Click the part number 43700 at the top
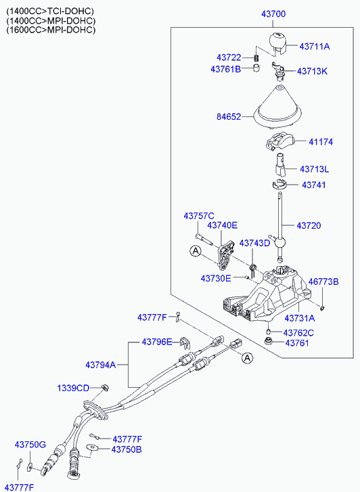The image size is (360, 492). point(273,14)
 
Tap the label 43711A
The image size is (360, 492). point(315,47)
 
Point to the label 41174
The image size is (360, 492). point(321,142)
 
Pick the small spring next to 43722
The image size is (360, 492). point(256,58)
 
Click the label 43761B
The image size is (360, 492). point(225,69)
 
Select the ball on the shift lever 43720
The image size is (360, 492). point(280,242)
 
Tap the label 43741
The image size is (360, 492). point(314,185)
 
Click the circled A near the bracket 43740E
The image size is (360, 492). point(196,251)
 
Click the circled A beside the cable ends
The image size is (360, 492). point(248,358)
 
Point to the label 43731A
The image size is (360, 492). point(300,318)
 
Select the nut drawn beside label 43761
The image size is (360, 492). point(269,340)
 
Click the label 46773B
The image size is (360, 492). point(323,282)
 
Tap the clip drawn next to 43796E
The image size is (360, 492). point(185,343)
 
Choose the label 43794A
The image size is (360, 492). point(101,365)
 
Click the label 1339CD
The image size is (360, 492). point(73,388)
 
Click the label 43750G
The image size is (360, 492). point(30,445)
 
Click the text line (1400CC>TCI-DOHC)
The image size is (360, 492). point(50,12)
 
